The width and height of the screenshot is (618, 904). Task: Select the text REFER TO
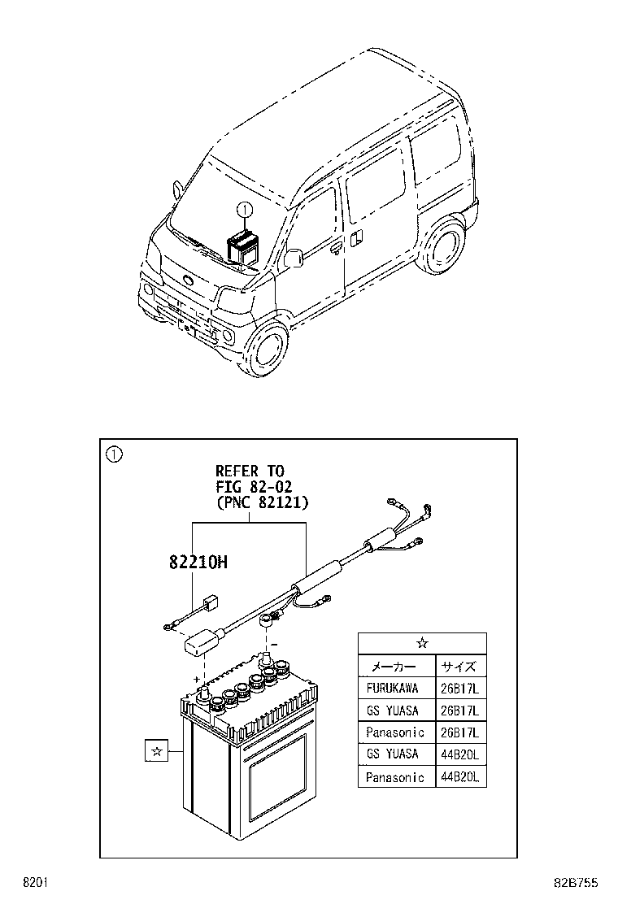point(250,470)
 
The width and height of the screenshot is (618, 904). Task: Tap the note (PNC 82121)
point(262,502)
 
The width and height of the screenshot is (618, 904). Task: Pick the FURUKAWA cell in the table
point(393,688)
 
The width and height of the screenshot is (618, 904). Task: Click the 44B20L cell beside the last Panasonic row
point(461,776)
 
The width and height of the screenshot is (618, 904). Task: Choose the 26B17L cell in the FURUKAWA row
point(461,688)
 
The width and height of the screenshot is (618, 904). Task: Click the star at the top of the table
point(422,643)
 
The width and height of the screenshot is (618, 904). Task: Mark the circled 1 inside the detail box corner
point(114,454)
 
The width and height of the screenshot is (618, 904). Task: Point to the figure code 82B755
point(578,883)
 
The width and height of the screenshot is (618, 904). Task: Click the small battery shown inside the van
point(243,246)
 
